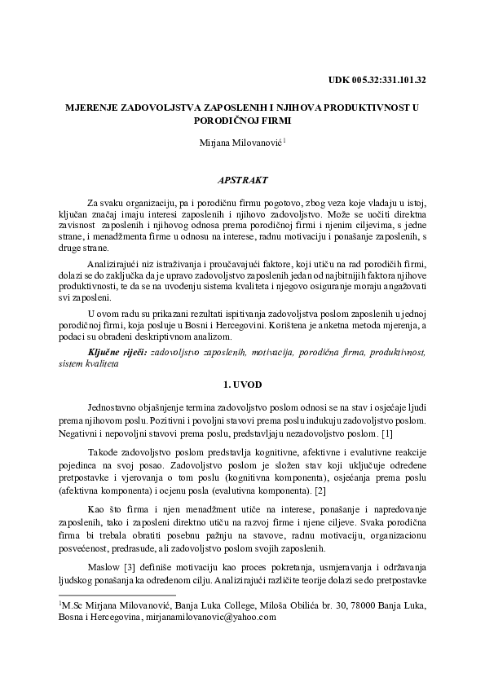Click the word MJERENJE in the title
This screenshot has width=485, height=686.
tap(95, 107)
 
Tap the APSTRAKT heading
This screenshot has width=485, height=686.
tap(242, 177)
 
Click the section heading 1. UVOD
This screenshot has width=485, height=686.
tap(242, 382)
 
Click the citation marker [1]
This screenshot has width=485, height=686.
tap(387, 433)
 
